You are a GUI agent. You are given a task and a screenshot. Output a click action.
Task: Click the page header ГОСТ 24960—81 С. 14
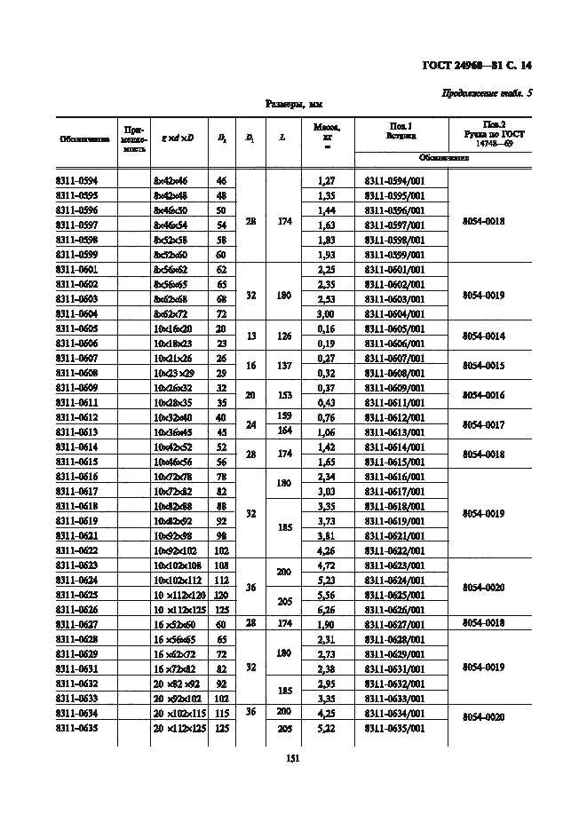[480, 65]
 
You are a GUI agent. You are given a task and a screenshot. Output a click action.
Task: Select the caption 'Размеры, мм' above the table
[295, 105]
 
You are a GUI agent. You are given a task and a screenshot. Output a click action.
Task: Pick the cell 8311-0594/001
[395, 180]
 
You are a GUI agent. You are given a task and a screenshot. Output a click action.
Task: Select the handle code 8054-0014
[484, 336]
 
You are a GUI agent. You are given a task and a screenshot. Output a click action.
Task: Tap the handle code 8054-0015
[484, 366]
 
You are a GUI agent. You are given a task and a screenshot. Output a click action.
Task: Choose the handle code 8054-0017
[484, 424]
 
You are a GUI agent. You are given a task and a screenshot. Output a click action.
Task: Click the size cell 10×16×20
[173, 328]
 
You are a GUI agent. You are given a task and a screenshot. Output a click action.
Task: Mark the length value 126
[282, 336]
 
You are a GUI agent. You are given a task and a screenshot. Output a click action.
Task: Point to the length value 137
[282, 365]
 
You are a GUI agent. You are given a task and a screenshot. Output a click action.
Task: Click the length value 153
[282, 394]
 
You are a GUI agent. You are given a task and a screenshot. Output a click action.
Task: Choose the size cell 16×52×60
[174, 624]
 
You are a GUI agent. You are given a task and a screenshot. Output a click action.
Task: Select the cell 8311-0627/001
[395, 624]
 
